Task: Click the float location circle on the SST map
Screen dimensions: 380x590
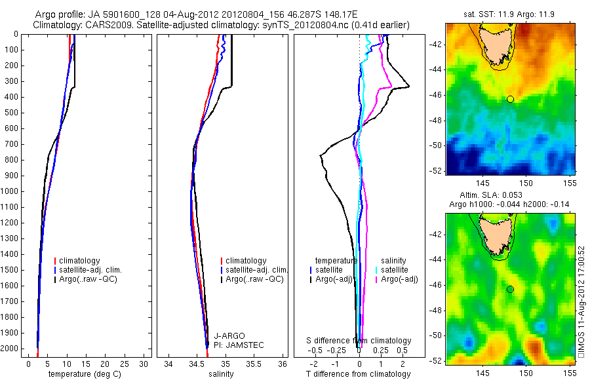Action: pyautogui.click(x=510, y=99)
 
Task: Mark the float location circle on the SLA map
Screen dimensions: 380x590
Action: pyautogui.click(x=510, y=290)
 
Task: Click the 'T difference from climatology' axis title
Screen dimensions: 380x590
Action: pyautogui.click(x=358, y=374)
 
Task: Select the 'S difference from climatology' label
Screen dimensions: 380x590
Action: pyautogui.click(x=359, y=341)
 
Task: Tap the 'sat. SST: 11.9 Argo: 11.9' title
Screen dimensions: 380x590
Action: pyautogui.click(x=509, y=13)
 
